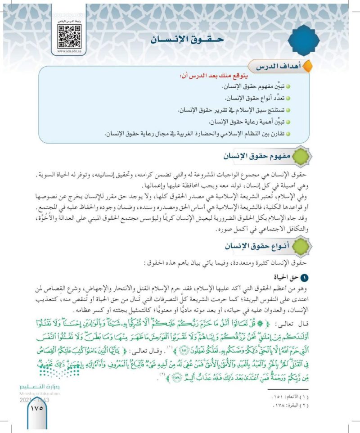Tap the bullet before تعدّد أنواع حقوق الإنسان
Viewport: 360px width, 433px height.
pos(288,98)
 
